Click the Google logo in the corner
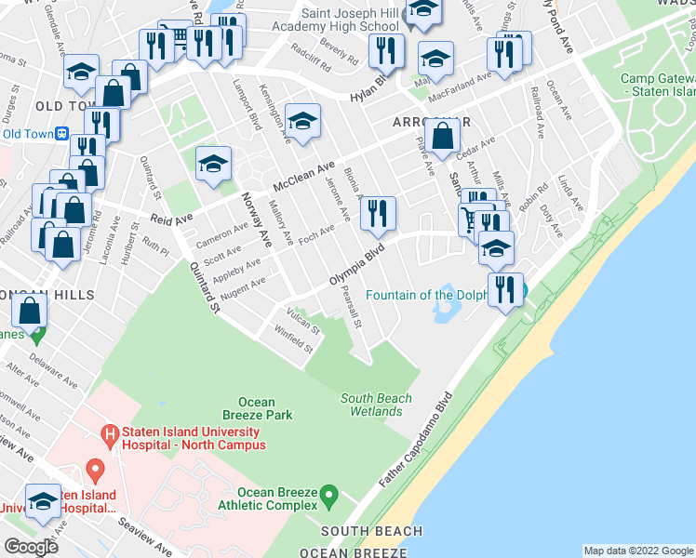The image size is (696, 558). tap(31, 547)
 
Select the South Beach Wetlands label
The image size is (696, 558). tap(376, 405)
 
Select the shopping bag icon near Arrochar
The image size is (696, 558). tap(446, 137)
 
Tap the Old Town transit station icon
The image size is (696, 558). tap(62, 133)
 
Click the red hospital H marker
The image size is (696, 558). tap(110, 433)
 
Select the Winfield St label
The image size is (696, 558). tap(294, 340)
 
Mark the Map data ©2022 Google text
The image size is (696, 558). tap(638, 551)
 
